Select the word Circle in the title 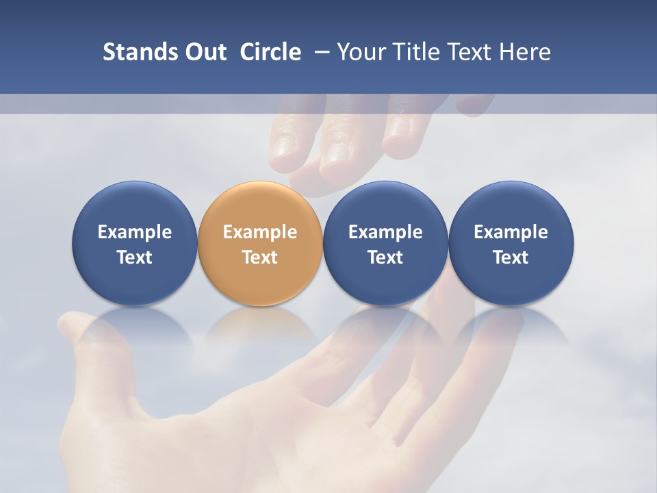coord(270,52)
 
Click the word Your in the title coord(360,52)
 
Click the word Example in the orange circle coord(260,232)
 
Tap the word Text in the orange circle coord(260,257)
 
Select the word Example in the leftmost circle coord(134,232)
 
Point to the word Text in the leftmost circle coord(134,257)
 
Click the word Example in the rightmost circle coord(511,232)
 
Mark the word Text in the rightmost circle coord(511,257)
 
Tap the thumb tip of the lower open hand coord(69,322)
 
